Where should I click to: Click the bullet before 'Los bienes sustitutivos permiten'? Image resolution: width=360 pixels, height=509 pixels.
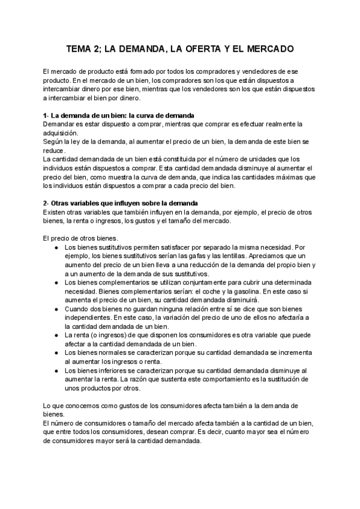coord(56,247)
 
